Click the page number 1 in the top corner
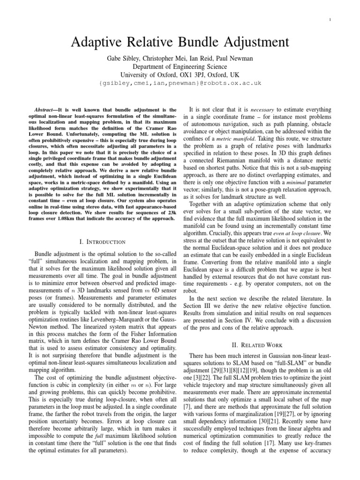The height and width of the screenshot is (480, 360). pyautogui.click(x=343, y=20)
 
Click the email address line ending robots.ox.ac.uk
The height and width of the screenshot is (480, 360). pyautogui.click(x=180, y=83)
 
